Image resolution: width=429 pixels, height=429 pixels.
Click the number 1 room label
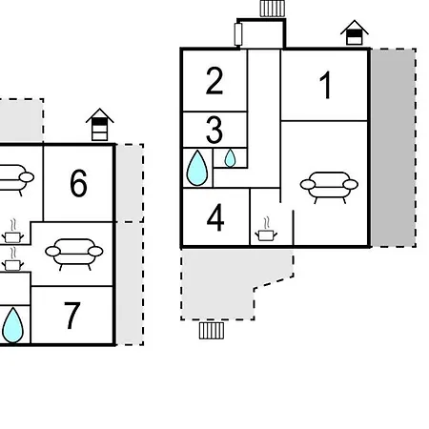[x=326, y=85]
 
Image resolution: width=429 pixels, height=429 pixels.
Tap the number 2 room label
[x=214, y=81]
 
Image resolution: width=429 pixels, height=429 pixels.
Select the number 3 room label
[x=214, y=130]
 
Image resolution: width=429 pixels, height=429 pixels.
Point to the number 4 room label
[x=215, y=217]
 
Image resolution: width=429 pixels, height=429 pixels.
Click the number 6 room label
[x=78, y=183]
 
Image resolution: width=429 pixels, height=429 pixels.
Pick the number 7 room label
[x=71, y=316]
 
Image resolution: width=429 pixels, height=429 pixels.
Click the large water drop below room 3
[x=197, y=168]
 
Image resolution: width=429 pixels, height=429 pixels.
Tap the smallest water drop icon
[x=230, y=158]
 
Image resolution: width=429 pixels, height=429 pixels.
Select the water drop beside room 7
[x=12, y=325]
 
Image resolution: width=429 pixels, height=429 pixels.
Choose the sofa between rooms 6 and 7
[x=74, y=255]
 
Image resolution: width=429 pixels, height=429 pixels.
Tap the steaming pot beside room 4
[x=266, y=230]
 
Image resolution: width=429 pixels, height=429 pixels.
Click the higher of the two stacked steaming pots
[x=12, y=232]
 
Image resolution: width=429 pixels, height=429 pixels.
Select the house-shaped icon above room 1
[x=355, y=32]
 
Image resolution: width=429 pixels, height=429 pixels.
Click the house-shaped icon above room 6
[x=99, y=125]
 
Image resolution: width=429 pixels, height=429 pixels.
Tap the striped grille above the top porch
[x=273, y=9]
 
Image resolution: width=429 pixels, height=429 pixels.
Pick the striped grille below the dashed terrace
[x=212, y=331]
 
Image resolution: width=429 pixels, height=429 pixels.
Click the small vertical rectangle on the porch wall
[x=238, y=34]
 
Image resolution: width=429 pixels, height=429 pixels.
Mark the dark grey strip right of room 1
[x=394, y=148]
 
